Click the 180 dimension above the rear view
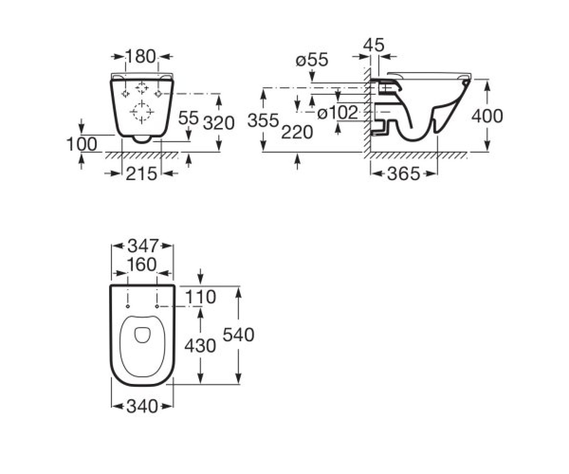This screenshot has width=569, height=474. tap(141, 57)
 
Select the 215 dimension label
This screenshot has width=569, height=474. tap(141, 173)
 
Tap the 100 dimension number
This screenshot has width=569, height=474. tap(82, 144)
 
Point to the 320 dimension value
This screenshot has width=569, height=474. tap(219, 123)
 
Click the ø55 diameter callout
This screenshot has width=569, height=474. tap(312, 60)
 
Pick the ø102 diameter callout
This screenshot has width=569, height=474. tap(338, 112)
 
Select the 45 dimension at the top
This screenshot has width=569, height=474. tap(374, 45)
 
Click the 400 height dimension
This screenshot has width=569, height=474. tap(487, 116)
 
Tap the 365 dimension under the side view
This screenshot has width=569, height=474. tap(404, 173)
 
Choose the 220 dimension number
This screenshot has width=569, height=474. tap(297, 132)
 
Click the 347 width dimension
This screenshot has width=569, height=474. tap(143, 246)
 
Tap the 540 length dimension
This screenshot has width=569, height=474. tap(239, 335)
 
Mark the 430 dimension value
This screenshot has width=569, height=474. tap(200, 346)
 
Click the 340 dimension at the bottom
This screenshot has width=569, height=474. tap(142, 406)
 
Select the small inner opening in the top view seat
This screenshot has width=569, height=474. tap(142, 335)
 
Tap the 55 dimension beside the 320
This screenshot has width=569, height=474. tap(188, 118)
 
